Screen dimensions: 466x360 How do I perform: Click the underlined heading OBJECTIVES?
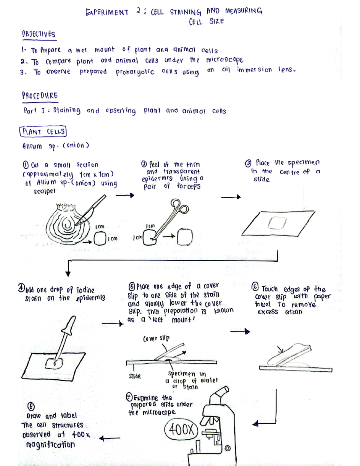(38, 34)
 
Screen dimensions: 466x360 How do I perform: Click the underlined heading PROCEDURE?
(40, 96)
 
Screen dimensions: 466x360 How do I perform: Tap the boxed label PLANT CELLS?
(43, 132)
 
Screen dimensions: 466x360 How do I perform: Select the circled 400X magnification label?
(181, 430)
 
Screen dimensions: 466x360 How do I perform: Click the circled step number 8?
(31, 407)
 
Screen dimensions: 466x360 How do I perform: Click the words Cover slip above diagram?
(156, 338)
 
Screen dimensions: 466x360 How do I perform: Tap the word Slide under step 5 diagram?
(135, 376)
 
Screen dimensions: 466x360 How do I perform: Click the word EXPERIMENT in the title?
(107, 12)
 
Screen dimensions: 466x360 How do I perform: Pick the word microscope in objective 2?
(224, 60)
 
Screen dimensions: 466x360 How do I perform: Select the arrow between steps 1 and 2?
(125, 195)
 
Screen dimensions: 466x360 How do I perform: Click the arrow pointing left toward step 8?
(109, 438)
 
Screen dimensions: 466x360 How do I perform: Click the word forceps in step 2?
(188, 186)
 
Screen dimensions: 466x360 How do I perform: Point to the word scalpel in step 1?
(44, 191)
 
